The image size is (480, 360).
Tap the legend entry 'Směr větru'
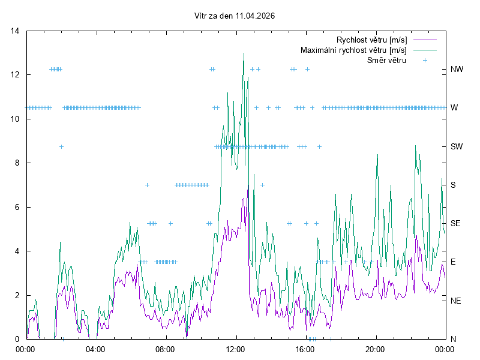coord(386,60)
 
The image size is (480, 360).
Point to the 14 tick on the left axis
coord(16,31)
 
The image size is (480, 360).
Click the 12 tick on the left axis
coord(16,75)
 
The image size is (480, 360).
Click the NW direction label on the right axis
coord(457,70)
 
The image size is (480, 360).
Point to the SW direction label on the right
coord(457,146)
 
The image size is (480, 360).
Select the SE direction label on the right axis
coord(456,223)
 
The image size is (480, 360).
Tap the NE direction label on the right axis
coord(456,301)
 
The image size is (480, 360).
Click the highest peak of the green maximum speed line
coord(244,53)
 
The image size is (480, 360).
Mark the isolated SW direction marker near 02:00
coord(61,146)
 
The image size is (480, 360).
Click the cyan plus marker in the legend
coord(425,60)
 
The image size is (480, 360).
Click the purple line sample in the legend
coord(425,40)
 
